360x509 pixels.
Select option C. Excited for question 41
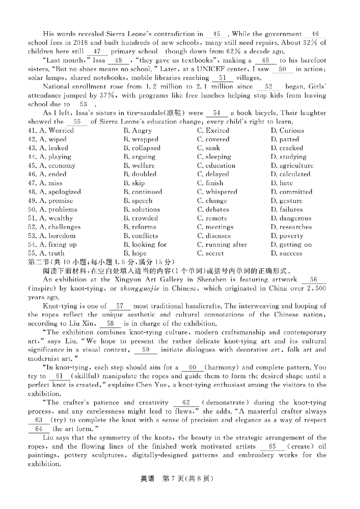pyautogui.click(x=214, y=131)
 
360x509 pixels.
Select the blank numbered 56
pyautogui.click(x=314, y=279)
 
